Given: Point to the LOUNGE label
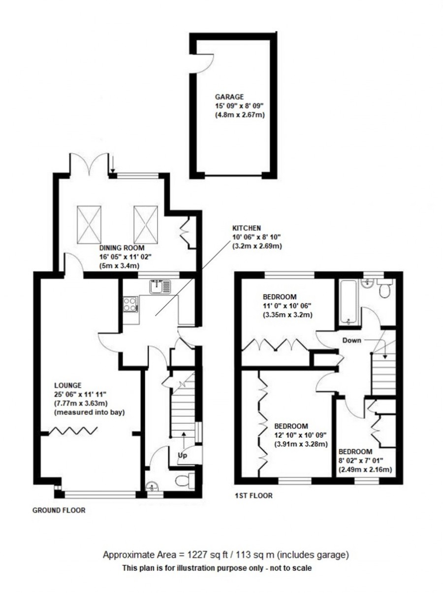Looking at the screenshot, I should coord(67,385).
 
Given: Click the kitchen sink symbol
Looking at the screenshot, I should coord(160,286).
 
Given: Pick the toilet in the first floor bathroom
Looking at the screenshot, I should coord(384,291).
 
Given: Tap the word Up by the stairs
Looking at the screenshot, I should coord(183,456).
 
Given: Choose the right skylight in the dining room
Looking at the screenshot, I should coord(146,221).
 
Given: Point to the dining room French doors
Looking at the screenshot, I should coord(89,164).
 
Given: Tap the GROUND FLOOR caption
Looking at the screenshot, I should coord(59,510).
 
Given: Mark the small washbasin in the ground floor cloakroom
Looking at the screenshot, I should coord(152,487).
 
